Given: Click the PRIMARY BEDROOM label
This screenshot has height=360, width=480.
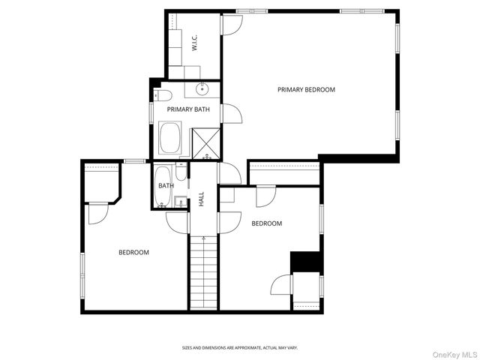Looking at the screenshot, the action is point(306,90).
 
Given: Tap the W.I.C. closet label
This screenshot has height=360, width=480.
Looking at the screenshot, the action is point(194,43).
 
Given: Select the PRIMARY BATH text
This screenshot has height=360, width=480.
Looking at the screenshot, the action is point(188,109).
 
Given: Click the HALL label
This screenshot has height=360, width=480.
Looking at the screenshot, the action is point(202,199).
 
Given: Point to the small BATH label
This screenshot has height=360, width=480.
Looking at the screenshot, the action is point(166,185).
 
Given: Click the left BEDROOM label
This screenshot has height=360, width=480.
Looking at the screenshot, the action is point(133,253).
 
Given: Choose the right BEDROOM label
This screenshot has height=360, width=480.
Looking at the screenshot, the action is point(267,223).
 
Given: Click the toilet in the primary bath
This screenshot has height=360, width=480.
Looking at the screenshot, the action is point(163,95).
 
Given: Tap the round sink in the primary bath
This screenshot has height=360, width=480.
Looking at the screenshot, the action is point(202,89).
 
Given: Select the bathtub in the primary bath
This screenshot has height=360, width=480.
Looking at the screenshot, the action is point(170,138).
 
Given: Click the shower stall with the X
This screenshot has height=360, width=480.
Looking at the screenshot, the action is point(206,143).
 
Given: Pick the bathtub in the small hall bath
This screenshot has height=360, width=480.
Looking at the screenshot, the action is point(163,186).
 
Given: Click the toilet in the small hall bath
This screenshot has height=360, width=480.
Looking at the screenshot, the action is point(181,172).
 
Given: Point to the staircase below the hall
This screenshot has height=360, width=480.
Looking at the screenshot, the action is point(203,272).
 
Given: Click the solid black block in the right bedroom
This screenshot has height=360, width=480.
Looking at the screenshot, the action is point(305,262).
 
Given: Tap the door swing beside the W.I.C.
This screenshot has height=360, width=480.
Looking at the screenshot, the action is point(232,25).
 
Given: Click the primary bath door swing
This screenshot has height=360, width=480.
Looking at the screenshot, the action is point(232,113).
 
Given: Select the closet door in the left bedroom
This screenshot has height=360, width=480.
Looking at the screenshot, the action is point(98,213).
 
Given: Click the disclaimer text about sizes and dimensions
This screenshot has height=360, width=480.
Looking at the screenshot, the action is point(240,348).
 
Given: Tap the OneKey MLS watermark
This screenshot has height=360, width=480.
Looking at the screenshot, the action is point(454,355).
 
